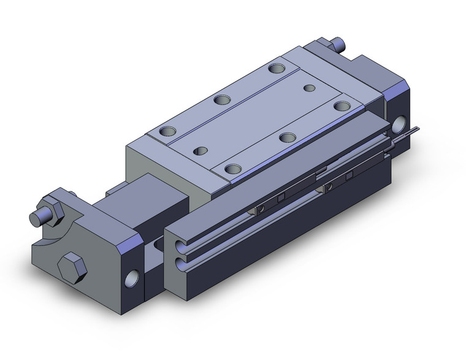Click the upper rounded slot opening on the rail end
tap(180, 247)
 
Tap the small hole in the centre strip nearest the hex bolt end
tap(201, 149)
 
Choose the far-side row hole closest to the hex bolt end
tap(166, 131)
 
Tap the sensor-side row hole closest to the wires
tap(341, 105)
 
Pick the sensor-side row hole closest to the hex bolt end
tap(232, 168)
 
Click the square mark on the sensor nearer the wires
tap(349, 176)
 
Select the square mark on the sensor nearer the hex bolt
tap(282, 197)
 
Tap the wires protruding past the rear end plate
tap(411, 131)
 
